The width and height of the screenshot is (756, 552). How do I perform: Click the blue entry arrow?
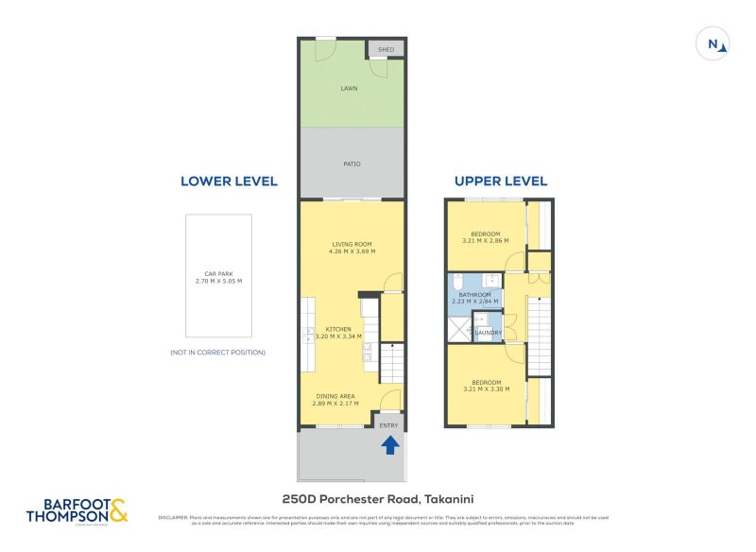coord(389,444)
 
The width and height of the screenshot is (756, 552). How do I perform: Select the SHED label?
coord(386,49)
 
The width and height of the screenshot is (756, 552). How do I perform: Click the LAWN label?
coord(351,89)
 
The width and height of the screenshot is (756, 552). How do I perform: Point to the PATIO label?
coord(351,164)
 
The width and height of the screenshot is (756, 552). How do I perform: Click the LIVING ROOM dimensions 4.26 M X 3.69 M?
coord(352,251)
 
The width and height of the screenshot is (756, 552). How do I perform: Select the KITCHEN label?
coord(338,329)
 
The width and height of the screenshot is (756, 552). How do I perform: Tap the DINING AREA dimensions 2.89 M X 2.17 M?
coord(336,404)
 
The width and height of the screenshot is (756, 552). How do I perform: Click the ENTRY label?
coord(388,426)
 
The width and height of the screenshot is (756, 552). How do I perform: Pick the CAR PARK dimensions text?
coord(217,281)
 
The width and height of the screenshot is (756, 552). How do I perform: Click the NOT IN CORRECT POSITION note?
coord(217,353)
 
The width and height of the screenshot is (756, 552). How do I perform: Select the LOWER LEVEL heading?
coord(229,181)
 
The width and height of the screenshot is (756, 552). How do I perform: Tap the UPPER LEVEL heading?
coord(500,181)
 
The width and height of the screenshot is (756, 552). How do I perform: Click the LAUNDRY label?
coord(488,332)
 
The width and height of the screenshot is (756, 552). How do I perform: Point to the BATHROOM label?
coord(474,295)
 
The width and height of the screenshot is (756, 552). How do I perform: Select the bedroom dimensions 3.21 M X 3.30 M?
coord(486,388)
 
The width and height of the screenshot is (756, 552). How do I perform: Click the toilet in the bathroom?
coord(455,283)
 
